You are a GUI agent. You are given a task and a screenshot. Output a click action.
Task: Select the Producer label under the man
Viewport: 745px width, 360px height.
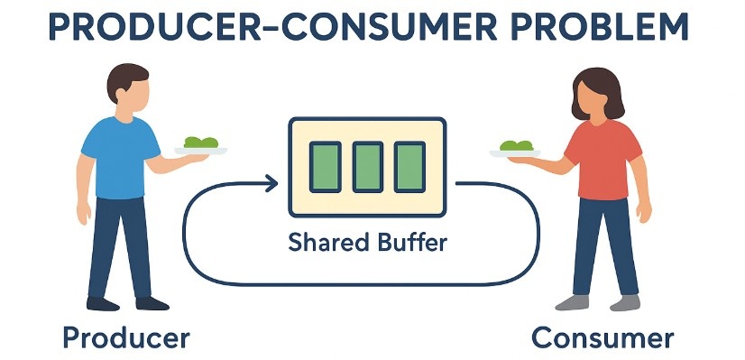125,338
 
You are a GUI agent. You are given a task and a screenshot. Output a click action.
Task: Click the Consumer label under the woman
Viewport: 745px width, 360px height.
602,338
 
